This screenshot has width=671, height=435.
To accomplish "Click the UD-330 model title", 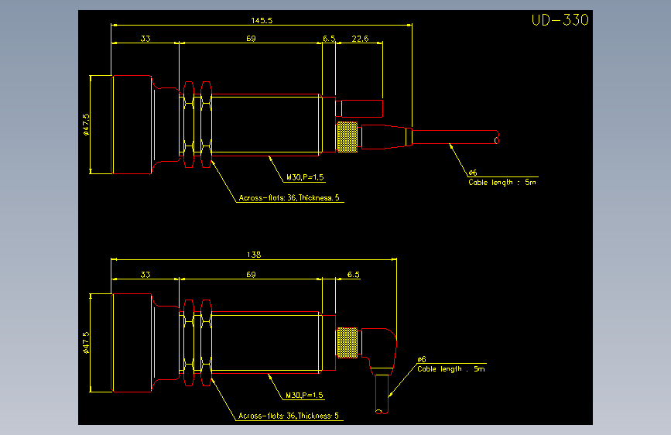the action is point(560,19).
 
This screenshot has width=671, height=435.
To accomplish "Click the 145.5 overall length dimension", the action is point(262,20).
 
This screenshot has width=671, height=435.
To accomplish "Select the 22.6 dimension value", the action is point(360,39).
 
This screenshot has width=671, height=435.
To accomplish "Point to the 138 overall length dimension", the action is point(254,255).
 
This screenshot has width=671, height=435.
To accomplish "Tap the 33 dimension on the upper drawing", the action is point(145,39).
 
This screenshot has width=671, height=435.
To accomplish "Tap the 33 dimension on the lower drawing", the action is point(145,275).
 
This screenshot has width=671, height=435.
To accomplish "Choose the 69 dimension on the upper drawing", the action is point(251,39).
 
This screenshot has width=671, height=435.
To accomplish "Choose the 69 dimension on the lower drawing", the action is point(251,275).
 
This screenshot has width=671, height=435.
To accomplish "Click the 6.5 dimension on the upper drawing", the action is point(329,39).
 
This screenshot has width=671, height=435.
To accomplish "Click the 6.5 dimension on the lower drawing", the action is point(353,275).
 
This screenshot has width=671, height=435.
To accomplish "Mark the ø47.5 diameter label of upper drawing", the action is point(86,125).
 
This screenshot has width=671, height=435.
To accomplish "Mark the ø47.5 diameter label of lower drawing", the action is point(86,343).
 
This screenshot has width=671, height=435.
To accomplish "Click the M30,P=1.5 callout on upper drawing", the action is point(305,177).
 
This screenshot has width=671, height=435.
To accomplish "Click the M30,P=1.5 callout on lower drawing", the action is point(304,396).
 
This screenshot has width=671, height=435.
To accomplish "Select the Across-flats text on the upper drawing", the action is point(289,198).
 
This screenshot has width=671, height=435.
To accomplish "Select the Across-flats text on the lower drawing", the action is point(289,416).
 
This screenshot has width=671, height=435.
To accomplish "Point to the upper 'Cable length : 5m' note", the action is point(502,183).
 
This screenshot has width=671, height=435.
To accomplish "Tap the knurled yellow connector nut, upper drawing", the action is point(347,137).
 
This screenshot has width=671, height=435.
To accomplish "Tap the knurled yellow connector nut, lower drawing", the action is point(347,343).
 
